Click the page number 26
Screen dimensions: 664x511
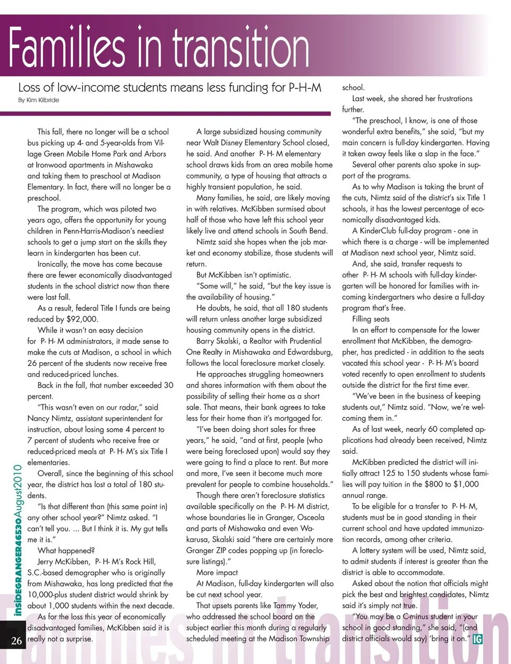tap(17, 641)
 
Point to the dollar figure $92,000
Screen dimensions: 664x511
tap(83, 319)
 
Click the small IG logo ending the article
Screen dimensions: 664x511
tap(478, 639)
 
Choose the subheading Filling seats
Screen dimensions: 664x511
tap(370, 318)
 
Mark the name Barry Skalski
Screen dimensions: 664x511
tap(218, 341)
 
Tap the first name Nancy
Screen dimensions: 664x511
tap(40, 419)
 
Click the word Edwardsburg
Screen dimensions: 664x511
tap(307, 352)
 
